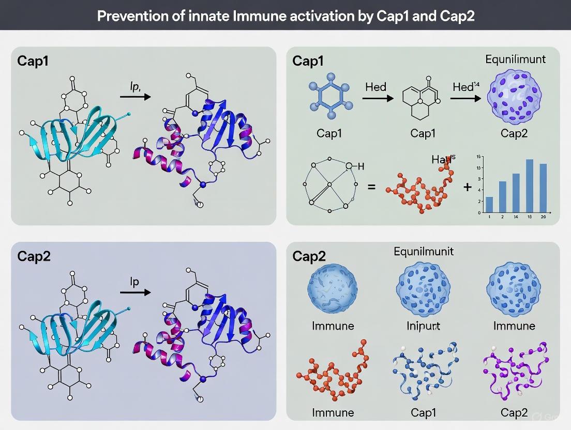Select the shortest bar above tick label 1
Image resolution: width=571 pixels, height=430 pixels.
(x=490, y=204)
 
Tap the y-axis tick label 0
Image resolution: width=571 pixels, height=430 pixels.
(x=479, y=212)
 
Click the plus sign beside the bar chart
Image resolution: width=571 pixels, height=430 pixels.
(x=468, y=187)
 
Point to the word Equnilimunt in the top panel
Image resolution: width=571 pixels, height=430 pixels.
(x=515, y=59)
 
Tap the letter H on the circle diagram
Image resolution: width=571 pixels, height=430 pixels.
(x=361, y=166)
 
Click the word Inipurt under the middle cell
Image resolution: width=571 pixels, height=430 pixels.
(x=423, y=326)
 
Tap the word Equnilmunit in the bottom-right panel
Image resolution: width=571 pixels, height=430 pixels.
(x=423, y=252)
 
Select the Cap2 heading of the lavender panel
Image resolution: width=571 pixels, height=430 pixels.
(x=34, y=256)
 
